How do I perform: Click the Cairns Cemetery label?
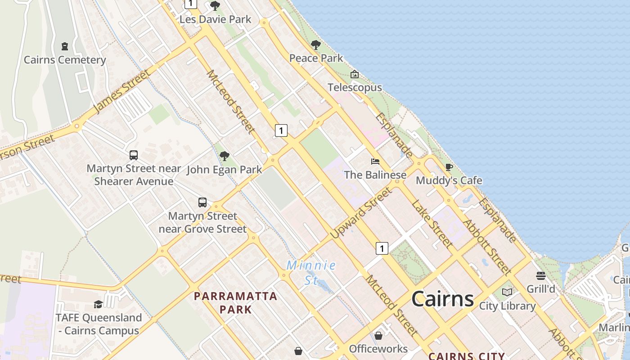(65, 60)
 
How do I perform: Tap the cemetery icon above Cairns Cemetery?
(65, 46)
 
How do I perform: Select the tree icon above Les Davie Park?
(215, 6)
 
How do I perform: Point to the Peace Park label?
(316, 58)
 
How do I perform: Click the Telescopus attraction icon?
(355, 74)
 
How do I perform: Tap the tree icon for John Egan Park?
(224, 156)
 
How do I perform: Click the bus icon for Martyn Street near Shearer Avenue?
(134, 155)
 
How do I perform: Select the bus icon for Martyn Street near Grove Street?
(202, 202)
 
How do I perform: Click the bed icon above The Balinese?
(375, 161)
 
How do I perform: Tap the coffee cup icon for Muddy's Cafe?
(449, 167)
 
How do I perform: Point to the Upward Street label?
(361, 213)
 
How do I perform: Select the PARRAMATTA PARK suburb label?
(235, 303)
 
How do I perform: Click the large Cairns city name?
(442, 298)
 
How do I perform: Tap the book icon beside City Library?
(507, 292)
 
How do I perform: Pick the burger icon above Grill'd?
(541, 275)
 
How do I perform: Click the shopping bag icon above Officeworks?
(378, 336)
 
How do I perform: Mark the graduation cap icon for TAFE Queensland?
(98, 304)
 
